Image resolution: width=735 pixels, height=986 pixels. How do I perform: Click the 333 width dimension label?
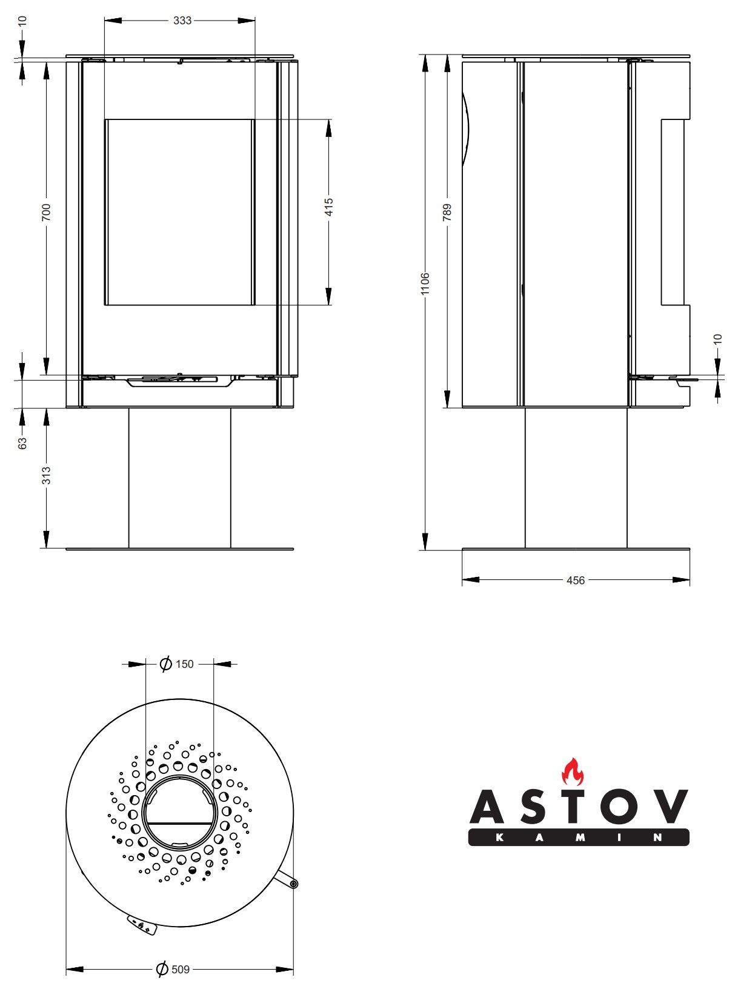(x=182, y=21)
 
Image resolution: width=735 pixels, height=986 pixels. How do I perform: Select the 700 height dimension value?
(x=46, y=212)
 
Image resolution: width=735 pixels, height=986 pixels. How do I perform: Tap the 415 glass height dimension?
(x=328, y=207)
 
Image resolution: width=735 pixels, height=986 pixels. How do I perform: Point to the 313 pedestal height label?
(x=46, y=476)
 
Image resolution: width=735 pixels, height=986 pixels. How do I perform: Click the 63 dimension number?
(x=22, y=444)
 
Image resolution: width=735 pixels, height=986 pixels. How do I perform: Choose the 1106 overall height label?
(x=425, y=284)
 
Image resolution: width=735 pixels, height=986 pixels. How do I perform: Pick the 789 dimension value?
(x=447, y=212)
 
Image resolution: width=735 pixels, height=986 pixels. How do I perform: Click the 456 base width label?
(x=576, y=581)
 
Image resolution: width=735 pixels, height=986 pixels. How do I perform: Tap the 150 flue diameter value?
(x=184, y=664)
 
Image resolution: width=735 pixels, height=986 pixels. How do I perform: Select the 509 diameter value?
(x=181, y=970)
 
